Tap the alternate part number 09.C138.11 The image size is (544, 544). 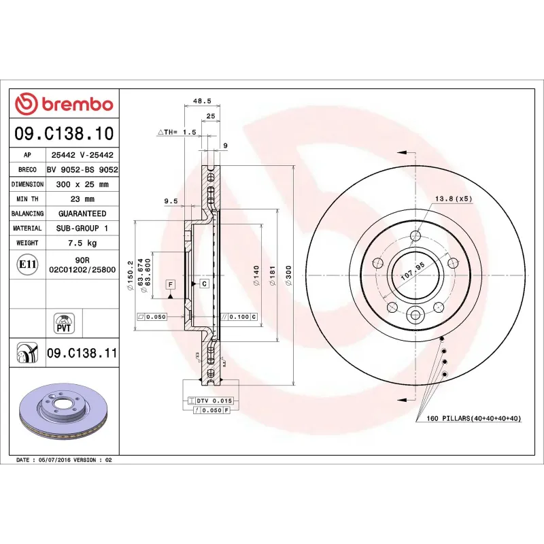coord(82,354)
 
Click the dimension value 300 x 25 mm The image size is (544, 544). coord(82,184)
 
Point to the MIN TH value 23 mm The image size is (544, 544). coord(82,199)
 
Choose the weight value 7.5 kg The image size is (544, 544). coord(82,243)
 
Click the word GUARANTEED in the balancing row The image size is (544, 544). coord(82,214)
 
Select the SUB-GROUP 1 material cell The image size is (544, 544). coord(82,228)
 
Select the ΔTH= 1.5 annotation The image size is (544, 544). coord(177,131)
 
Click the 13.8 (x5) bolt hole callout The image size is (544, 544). coord(453,199)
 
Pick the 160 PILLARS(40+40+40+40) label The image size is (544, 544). coord(473,418)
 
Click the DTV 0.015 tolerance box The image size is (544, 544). coord(214,401)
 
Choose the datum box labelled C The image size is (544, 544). coord(203,283)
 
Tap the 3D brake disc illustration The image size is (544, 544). coord(64,415)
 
